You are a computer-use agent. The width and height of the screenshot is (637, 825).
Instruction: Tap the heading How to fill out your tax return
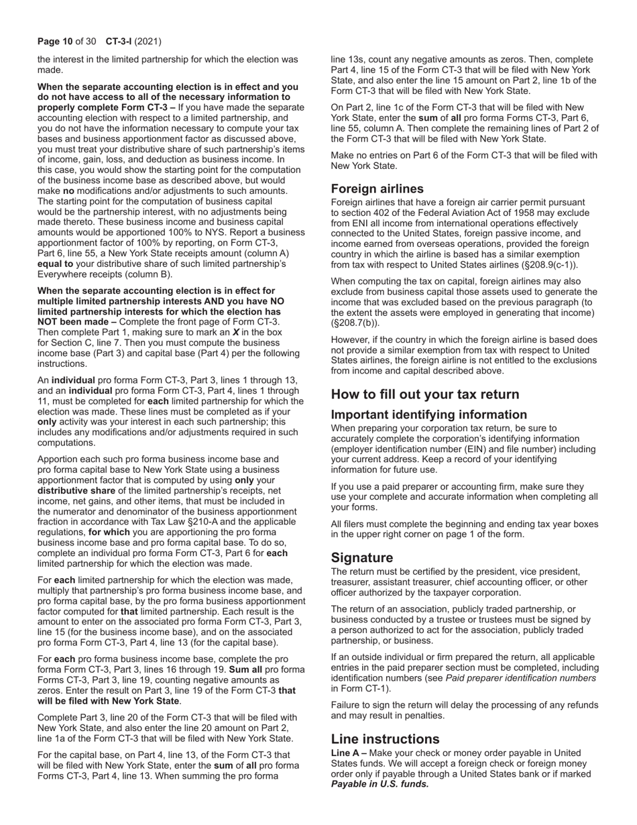click(x=424, y=394)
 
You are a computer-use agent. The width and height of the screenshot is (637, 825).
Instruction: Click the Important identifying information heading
click(x=429, y=415)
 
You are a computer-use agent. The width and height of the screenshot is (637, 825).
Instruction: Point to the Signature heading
click(x=362, y=558)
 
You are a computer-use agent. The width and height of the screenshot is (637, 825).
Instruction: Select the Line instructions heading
click(x=386, y=739)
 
